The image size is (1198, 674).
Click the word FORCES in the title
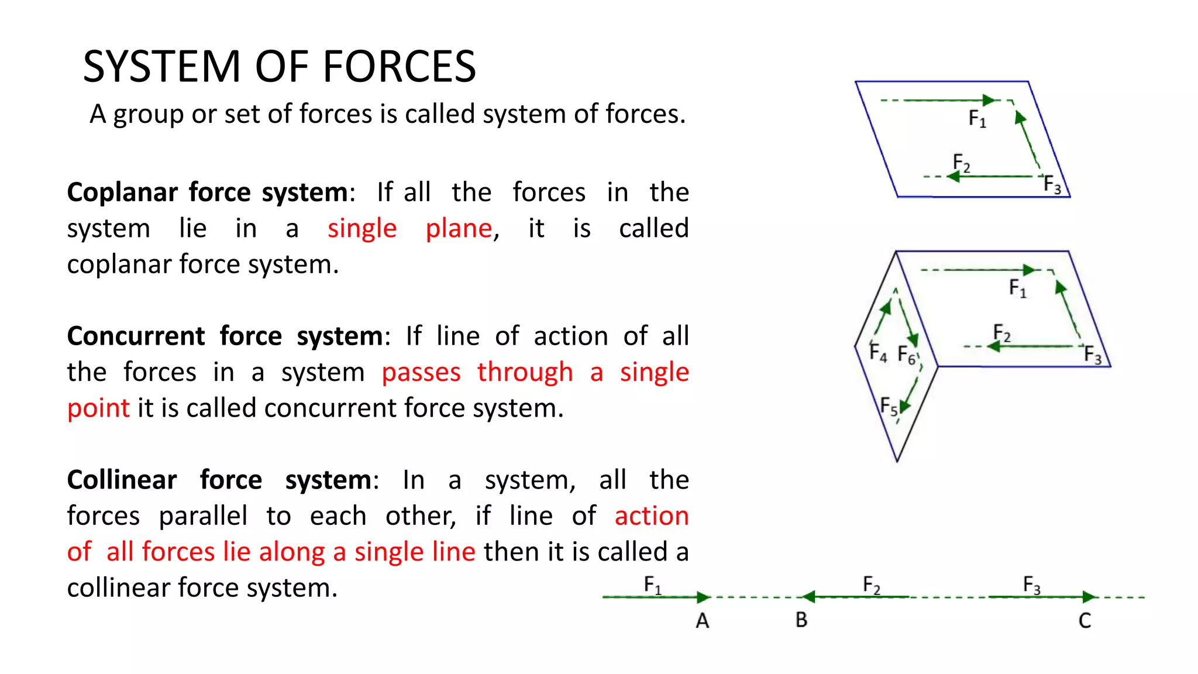pos(399,67)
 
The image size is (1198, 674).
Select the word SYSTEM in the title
pos(162,67)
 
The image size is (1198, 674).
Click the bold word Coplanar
pos(122,192)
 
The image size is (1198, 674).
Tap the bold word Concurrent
pos(136,336)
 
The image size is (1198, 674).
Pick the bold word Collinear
pos(122,480)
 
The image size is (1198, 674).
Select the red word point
pos(98,408)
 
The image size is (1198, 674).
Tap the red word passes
pos(421,373)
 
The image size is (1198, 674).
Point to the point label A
pos(703,621)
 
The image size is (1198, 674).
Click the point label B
pos(801,620)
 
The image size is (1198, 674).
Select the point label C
pos(1085,621)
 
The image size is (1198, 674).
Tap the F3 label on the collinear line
pos(1032,584)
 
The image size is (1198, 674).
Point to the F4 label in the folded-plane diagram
pos(878,352)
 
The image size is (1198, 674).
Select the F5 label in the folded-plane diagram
pos(889,406)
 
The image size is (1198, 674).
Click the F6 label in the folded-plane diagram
pos(907,355)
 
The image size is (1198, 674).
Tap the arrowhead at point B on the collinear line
pos(808,597)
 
